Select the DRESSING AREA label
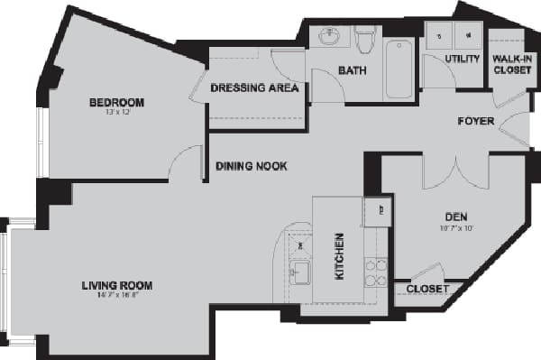(254, 88)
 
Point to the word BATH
(351, 70)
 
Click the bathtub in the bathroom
(399, 69)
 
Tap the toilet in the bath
(365, 41)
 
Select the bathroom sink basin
(328, 38)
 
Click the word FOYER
(475, 121)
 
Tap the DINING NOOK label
(251, 166)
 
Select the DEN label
(454, 217)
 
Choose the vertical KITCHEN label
(340, 256)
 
